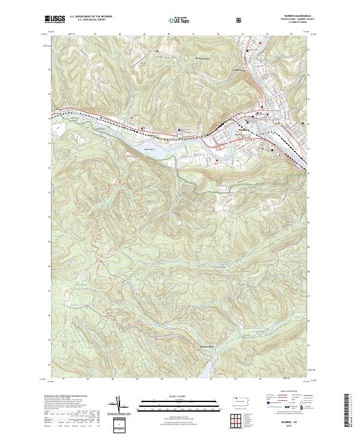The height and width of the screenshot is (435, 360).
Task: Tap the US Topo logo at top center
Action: point(180,20)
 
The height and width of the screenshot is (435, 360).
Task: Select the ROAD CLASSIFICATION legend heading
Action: point(285,391)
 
